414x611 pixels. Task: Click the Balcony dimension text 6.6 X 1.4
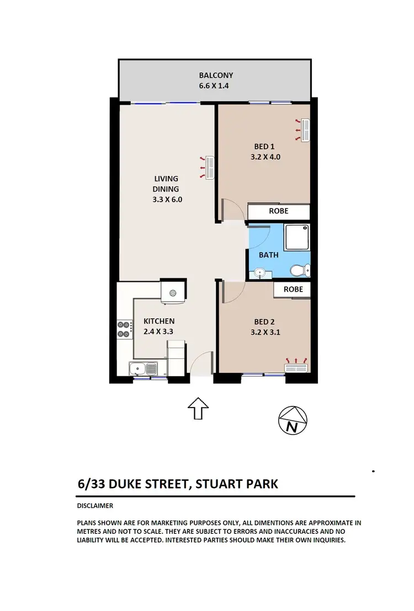[x=216, y=86]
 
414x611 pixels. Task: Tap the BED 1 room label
[x=264, y=146]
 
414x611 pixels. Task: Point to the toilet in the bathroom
[x=301, y=270]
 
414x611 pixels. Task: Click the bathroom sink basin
[x=261, y=272]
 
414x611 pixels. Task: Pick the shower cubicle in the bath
[x=297, y=237]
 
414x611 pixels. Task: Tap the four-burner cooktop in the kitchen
[x=124, y=329]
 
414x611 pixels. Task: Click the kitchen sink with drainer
[x=143, y=368]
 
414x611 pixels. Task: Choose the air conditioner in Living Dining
[x=209, y=167]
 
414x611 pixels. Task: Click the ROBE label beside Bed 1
[x=278, y=211]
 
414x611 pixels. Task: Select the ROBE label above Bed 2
[x=293, y=289]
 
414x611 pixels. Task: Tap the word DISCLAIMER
[x=95, y=506]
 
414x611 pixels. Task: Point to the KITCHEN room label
[x=159, y=321]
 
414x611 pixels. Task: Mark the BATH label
[x=269, y=255]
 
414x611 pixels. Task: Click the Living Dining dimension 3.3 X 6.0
[x=167, y=200]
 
